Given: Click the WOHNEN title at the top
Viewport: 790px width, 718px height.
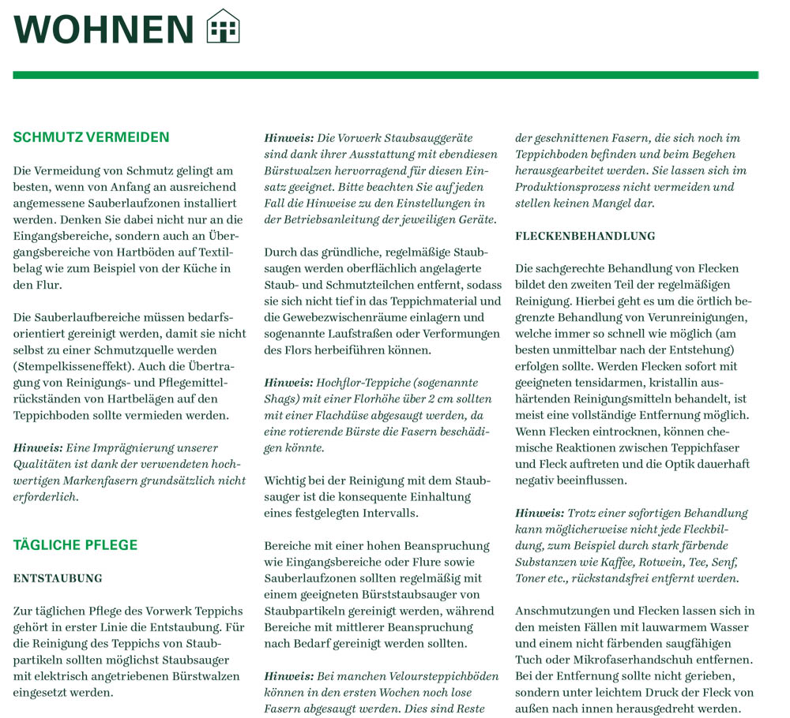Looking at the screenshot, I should pyautogui.click(x=103, y=28).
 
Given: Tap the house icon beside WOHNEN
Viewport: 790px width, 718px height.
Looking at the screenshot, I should pyautogui.click(x=223, y=27).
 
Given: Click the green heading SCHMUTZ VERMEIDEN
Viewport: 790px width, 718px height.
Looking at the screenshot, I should pyautogui.click(x=91, y=137).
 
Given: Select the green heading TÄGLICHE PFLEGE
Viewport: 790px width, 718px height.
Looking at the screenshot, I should pyautogui.click(x=75, y=544).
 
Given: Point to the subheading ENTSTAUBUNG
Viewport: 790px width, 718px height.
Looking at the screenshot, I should pyautogui.click(x=58, y=578).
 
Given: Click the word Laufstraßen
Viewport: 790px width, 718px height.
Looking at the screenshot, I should pyautogui.click(x=368, y=334).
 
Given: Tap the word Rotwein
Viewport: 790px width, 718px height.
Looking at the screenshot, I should pyautogui.click(x=660, y=562).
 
